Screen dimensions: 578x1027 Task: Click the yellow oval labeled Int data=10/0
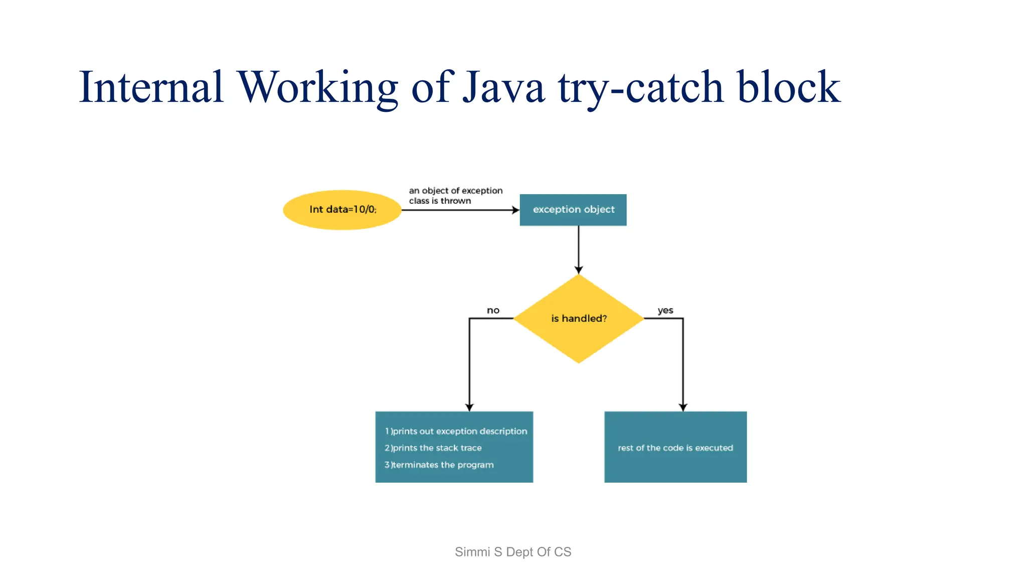tap(343, 210)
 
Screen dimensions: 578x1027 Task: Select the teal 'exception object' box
tap(573, 210)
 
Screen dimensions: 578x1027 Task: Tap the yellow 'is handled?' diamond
tap(579, 319)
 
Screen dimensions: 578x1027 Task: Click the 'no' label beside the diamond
tap(493, 311)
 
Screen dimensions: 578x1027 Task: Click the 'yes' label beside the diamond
tap(665, 311)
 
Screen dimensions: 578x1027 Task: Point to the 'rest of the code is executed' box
tap(675, 448)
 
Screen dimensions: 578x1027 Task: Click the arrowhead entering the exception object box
tap(516, 210)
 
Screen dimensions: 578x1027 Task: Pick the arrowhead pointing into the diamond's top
tap(579, 270)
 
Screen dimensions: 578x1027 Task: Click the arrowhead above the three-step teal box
tap(469, 407)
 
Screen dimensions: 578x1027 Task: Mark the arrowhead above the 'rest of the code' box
tap(683, 407)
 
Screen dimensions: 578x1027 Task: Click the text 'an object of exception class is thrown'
tap(455, 196)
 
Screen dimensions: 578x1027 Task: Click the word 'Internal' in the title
tap(151, 87)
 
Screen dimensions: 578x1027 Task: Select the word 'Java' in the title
tap(503, 87)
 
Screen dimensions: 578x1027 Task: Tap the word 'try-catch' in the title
tap(641, 87)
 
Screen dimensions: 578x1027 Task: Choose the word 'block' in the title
tap(788, 87)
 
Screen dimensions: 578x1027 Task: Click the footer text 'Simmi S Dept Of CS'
tap(513, 552)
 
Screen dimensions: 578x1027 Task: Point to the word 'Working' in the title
tap(317, 87)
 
